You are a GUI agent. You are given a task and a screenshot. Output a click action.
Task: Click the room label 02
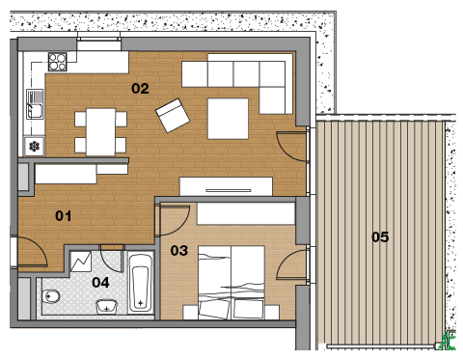pos(140,89)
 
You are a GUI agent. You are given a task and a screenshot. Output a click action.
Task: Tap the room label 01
pos(64,215)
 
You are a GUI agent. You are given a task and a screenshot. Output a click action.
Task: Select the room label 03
pos(179,250)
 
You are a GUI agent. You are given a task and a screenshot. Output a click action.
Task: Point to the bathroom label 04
pos(100,282)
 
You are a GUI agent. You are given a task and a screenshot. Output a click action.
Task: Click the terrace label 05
pos(380,236)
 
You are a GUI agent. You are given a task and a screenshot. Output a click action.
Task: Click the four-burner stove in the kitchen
pos(58,62)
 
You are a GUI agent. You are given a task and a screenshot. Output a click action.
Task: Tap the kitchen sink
pos(35,104)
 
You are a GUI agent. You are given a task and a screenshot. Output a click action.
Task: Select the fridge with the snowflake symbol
pos(34,147)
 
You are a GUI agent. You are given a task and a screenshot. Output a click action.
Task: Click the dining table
pos(100,132)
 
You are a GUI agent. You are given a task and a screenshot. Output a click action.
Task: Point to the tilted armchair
pos(173,116)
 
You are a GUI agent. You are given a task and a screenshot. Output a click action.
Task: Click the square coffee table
pos(228,119)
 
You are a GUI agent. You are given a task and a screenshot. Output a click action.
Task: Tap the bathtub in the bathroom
pos(140,283)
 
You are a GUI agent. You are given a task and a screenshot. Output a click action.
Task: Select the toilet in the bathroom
pos(51,296)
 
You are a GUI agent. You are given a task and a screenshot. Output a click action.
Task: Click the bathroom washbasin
pos(106,306)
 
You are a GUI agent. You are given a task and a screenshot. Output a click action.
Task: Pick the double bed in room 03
pos(231,283)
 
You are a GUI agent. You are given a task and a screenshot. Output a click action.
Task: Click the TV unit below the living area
pos(226,186)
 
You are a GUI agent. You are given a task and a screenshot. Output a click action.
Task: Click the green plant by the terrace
pos(449,341)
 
